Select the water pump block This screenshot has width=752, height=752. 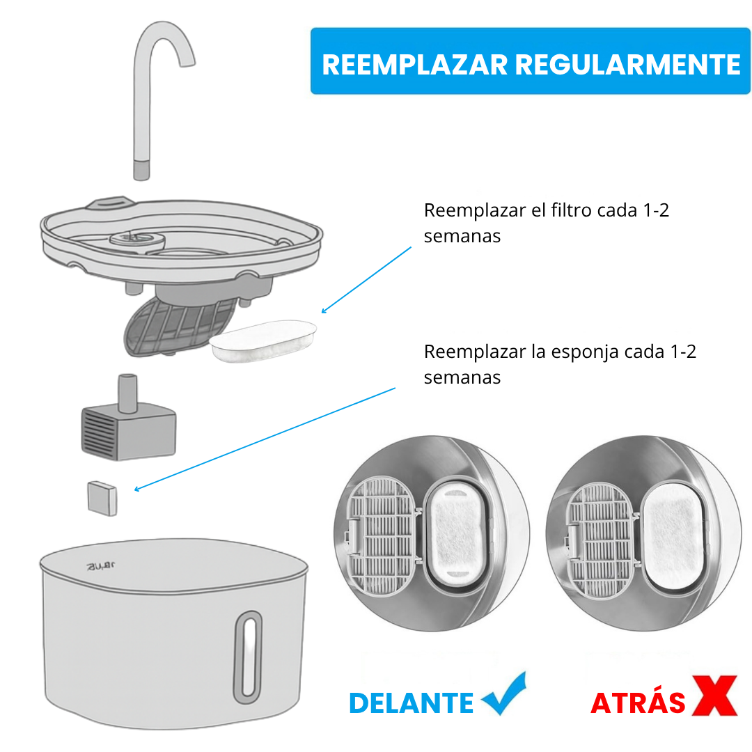click(x=128, y=430)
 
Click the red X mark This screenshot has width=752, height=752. click(x=714, y=695)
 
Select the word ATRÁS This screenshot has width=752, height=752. click(x=638, y=703)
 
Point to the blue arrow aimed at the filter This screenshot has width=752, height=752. click(x=366, y=279)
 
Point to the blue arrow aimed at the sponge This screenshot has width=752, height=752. click(x=265, y=439)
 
